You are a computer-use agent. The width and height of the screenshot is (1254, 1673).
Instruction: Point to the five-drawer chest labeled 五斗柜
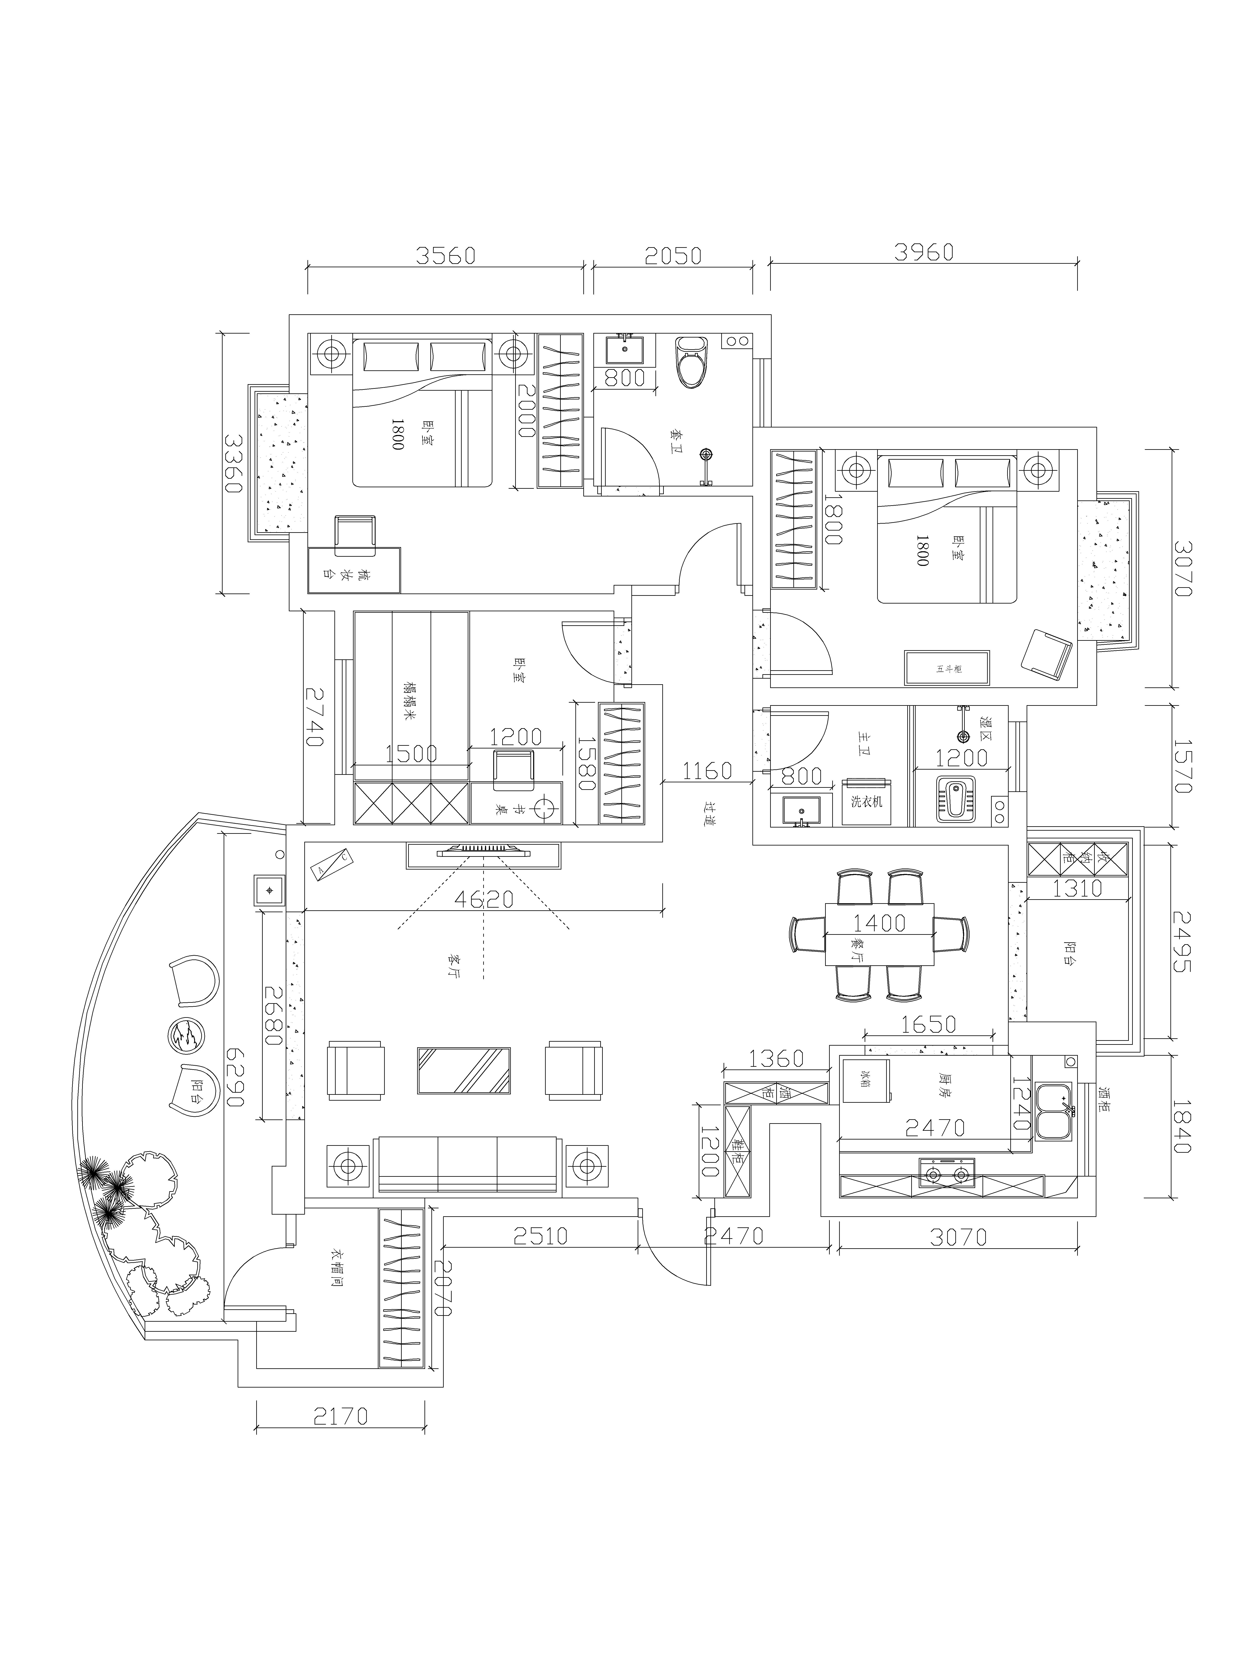tap(947, 669)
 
